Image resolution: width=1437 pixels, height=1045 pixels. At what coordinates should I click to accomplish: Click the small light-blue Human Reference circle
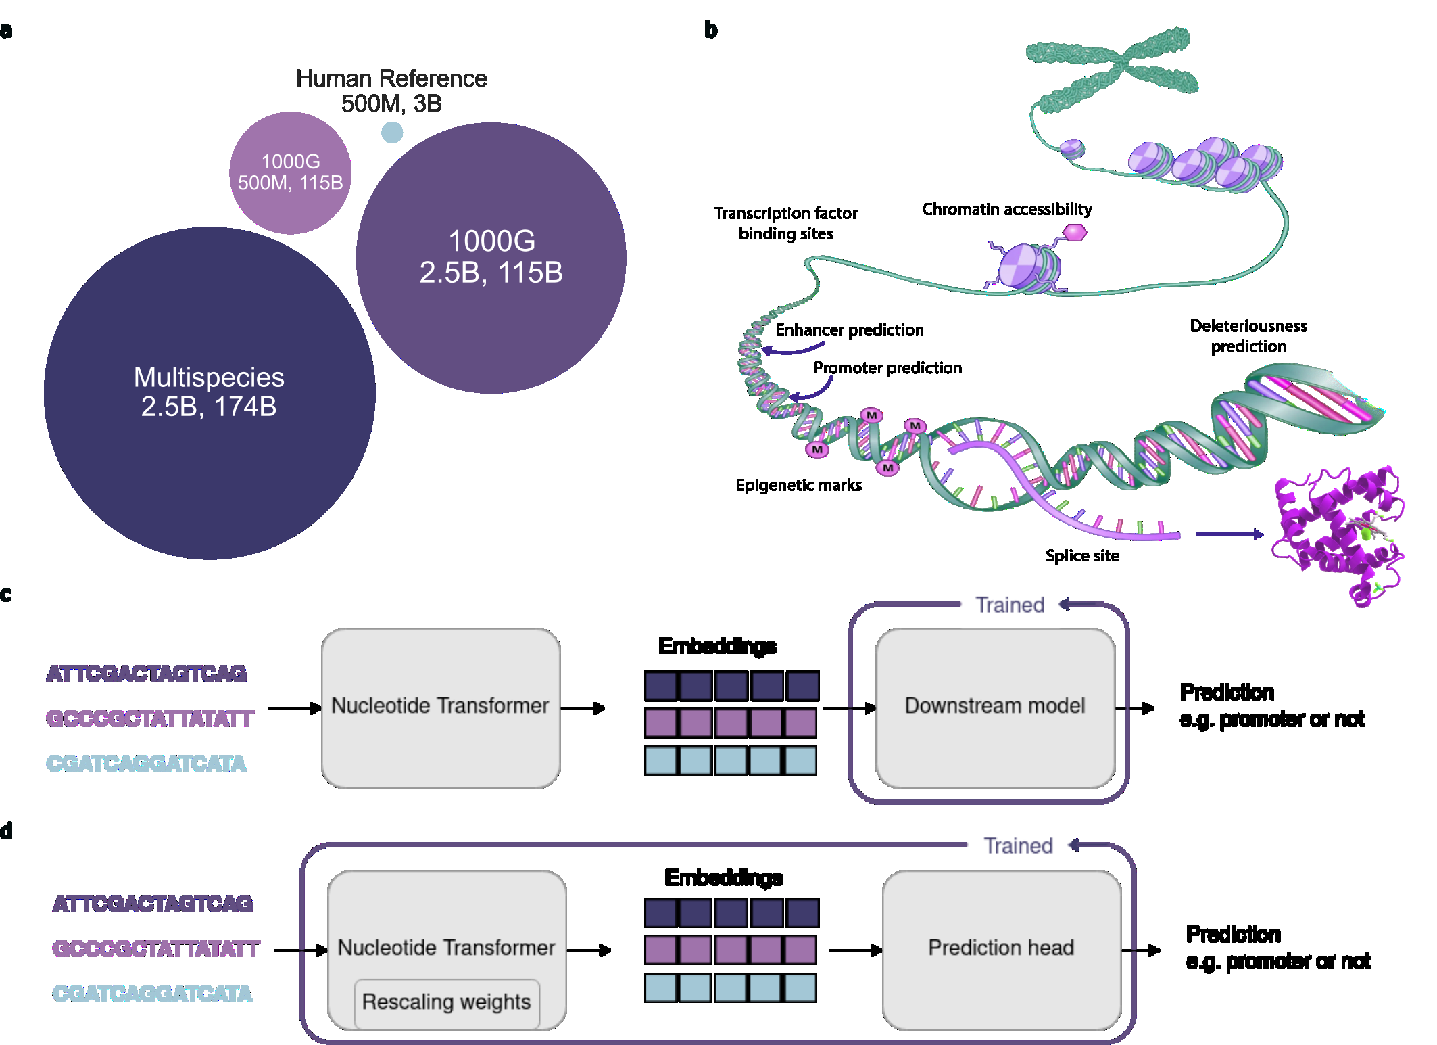point(392,132)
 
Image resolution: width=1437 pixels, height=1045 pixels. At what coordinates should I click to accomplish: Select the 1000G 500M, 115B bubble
point(290,172)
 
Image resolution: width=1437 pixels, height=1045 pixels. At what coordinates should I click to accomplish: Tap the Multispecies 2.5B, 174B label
point(209,392)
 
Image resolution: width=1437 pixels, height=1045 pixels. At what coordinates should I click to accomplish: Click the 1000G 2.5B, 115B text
point(491,257)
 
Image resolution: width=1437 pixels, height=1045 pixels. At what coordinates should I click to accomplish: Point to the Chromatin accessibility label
point(1006,210)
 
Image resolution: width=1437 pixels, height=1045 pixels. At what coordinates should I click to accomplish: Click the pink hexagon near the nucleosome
point(1074,233)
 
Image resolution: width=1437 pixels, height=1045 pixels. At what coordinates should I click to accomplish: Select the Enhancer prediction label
point(849,330)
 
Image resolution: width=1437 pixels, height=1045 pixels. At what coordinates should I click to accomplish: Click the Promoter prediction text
point(887,368)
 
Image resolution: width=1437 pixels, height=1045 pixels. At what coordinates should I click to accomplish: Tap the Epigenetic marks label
point(798,485)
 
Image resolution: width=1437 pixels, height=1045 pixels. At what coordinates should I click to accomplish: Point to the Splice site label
point(1082,556)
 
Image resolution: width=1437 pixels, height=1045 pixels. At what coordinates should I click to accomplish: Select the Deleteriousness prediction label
point(1248,336)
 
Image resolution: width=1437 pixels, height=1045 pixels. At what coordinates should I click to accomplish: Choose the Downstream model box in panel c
point(995,706)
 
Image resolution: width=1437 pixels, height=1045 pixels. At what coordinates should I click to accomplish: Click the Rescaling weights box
point(447,1002)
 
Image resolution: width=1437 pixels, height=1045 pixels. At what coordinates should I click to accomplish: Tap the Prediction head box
point(1001,948)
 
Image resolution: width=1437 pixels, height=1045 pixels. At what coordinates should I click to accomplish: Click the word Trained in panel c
point(1010,605)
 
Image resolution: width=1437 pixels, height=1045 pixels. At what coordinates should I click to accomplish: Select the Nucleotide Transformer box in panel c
point(440,706)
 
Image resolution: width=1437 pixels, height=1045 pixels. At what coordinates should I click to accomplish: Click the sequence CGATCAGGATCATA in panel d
point(152,994)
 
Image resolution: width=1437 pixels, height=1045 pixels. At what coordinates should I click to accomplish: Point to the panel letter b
point(710,30)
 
